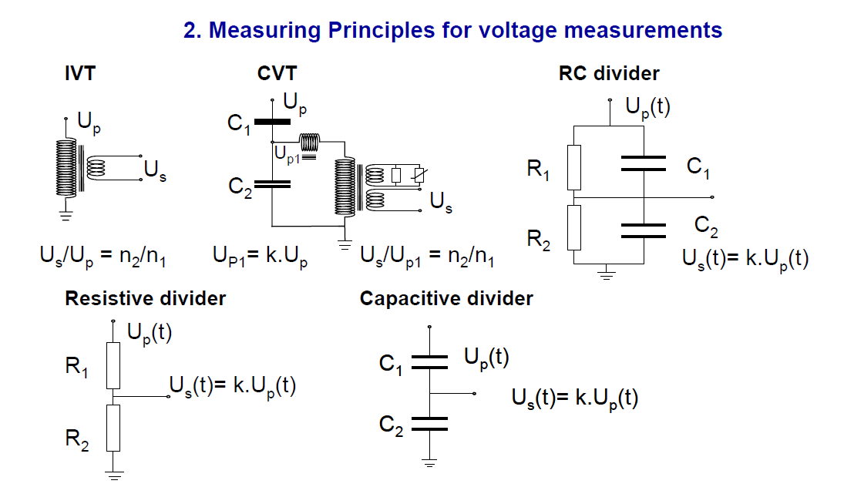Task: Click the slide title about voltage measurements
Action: (452, 31)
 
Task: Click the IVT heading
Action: (80, 74)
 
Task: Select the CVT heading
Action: (277, 74)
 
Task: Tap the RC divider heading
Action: (609, 74)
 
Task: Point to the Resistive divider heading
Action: (145, 299)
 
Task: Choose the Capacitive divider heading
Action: (446, 299)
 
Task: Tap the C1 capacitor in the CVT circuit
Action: (274, 122)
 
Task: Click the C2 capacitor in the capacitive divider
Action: (430, 423)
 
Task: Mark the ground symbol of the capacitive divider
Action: (430, 462)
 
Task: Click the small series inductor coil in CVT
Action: (309, 143)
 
